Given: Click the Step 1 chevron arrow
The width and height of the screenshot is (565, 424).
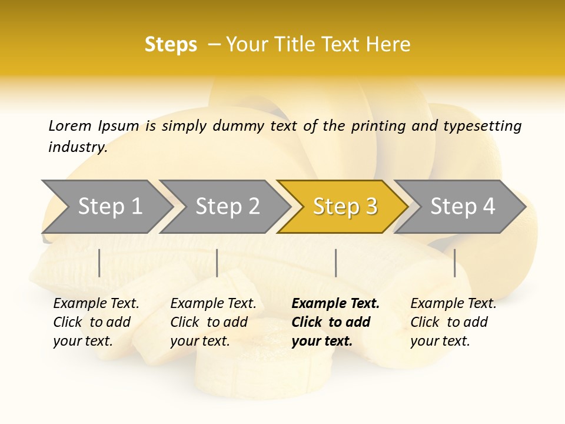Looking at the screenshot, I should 109,207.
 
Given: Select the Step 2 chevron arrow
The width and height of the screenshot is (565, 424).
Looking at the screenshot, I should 227,207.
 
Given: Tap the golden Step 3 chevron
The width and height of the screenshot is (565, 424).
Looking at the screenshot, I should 344,207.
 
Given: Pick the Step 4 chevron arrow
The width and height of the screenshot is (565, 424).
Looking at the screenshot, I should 462,207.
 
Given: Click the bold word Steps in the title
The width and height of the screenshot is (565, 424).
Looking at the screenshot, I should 171,45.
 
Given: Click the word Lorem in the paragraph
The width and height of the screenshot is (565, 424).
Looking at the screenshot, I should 70,125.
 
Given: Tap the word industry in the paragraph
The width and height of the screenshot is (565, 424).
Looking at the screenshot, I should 78,147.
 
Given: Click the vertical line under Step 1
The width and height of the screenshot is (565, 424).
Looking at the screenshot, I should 99,263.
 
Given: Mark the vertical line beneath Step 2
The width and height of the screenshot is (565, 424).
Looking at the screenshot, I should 217,263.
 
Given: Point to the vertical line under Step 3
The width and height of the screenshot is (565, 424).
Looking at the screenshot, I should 335,263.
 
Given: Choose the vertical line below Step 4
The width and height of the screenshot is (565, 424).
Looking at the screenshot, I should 454,263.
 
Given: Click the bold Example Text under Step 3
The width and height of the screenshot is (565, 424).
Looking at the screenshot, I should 335,304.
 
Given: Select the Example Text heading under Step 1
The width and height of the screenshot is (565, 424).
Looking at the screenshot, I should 96,304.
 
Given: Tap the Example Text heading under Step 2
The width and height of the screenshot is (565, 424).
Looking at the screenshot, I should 213,304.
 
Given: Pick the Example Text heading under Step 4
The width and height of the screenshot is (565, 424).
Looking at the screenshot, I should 453,304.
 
